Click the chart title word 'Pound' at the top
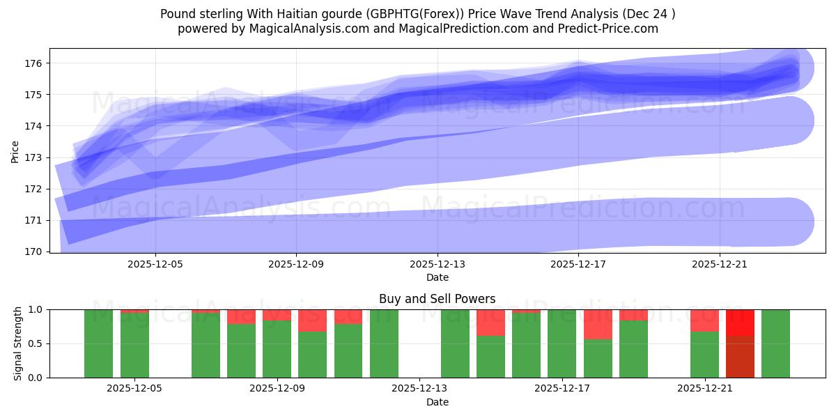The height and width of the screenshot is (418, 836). [x=178, y=14]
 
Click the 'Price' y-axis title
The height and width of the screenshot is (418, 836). [x=15, y=150]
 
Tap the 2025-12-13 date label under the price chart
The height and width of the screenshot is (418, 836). [x=438, y=265]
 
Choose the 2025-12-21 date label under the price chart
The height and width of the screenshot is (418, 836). [x=720, y=265]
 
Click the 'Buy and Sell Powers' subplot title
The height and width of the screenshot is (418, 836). [x=438, y=300]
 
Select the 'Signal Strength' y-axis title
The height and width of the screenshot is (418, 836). [x=18, y=343]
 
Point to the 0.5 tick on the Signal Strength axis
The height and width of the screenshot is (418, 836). [x=35, y=343]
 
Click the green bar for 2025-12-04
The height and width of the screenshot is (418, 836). [x=98, y=343]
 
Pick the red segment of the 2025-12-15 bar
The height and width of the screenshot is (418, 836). [x=490, y=323]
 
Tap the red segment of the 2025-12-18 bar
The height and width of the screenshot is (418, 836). [x=598, y=324]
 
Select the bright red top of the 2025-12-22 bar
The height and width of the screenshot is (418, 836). [x=740, y=323]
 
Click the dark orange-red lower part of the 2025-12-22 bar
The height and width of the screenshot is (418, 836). [x=740, y=357]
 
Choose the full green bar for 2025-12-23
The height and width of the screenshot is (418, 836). [x=775, y=343]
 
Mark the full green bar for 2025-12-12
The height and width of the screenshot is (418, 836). [x=384, y=343]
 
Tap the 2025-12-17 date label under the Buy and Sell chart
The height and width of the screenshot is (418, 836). [x=562, y=389]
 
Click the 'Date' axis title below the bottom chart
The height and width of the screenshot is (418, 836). [x=438, y=402]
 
